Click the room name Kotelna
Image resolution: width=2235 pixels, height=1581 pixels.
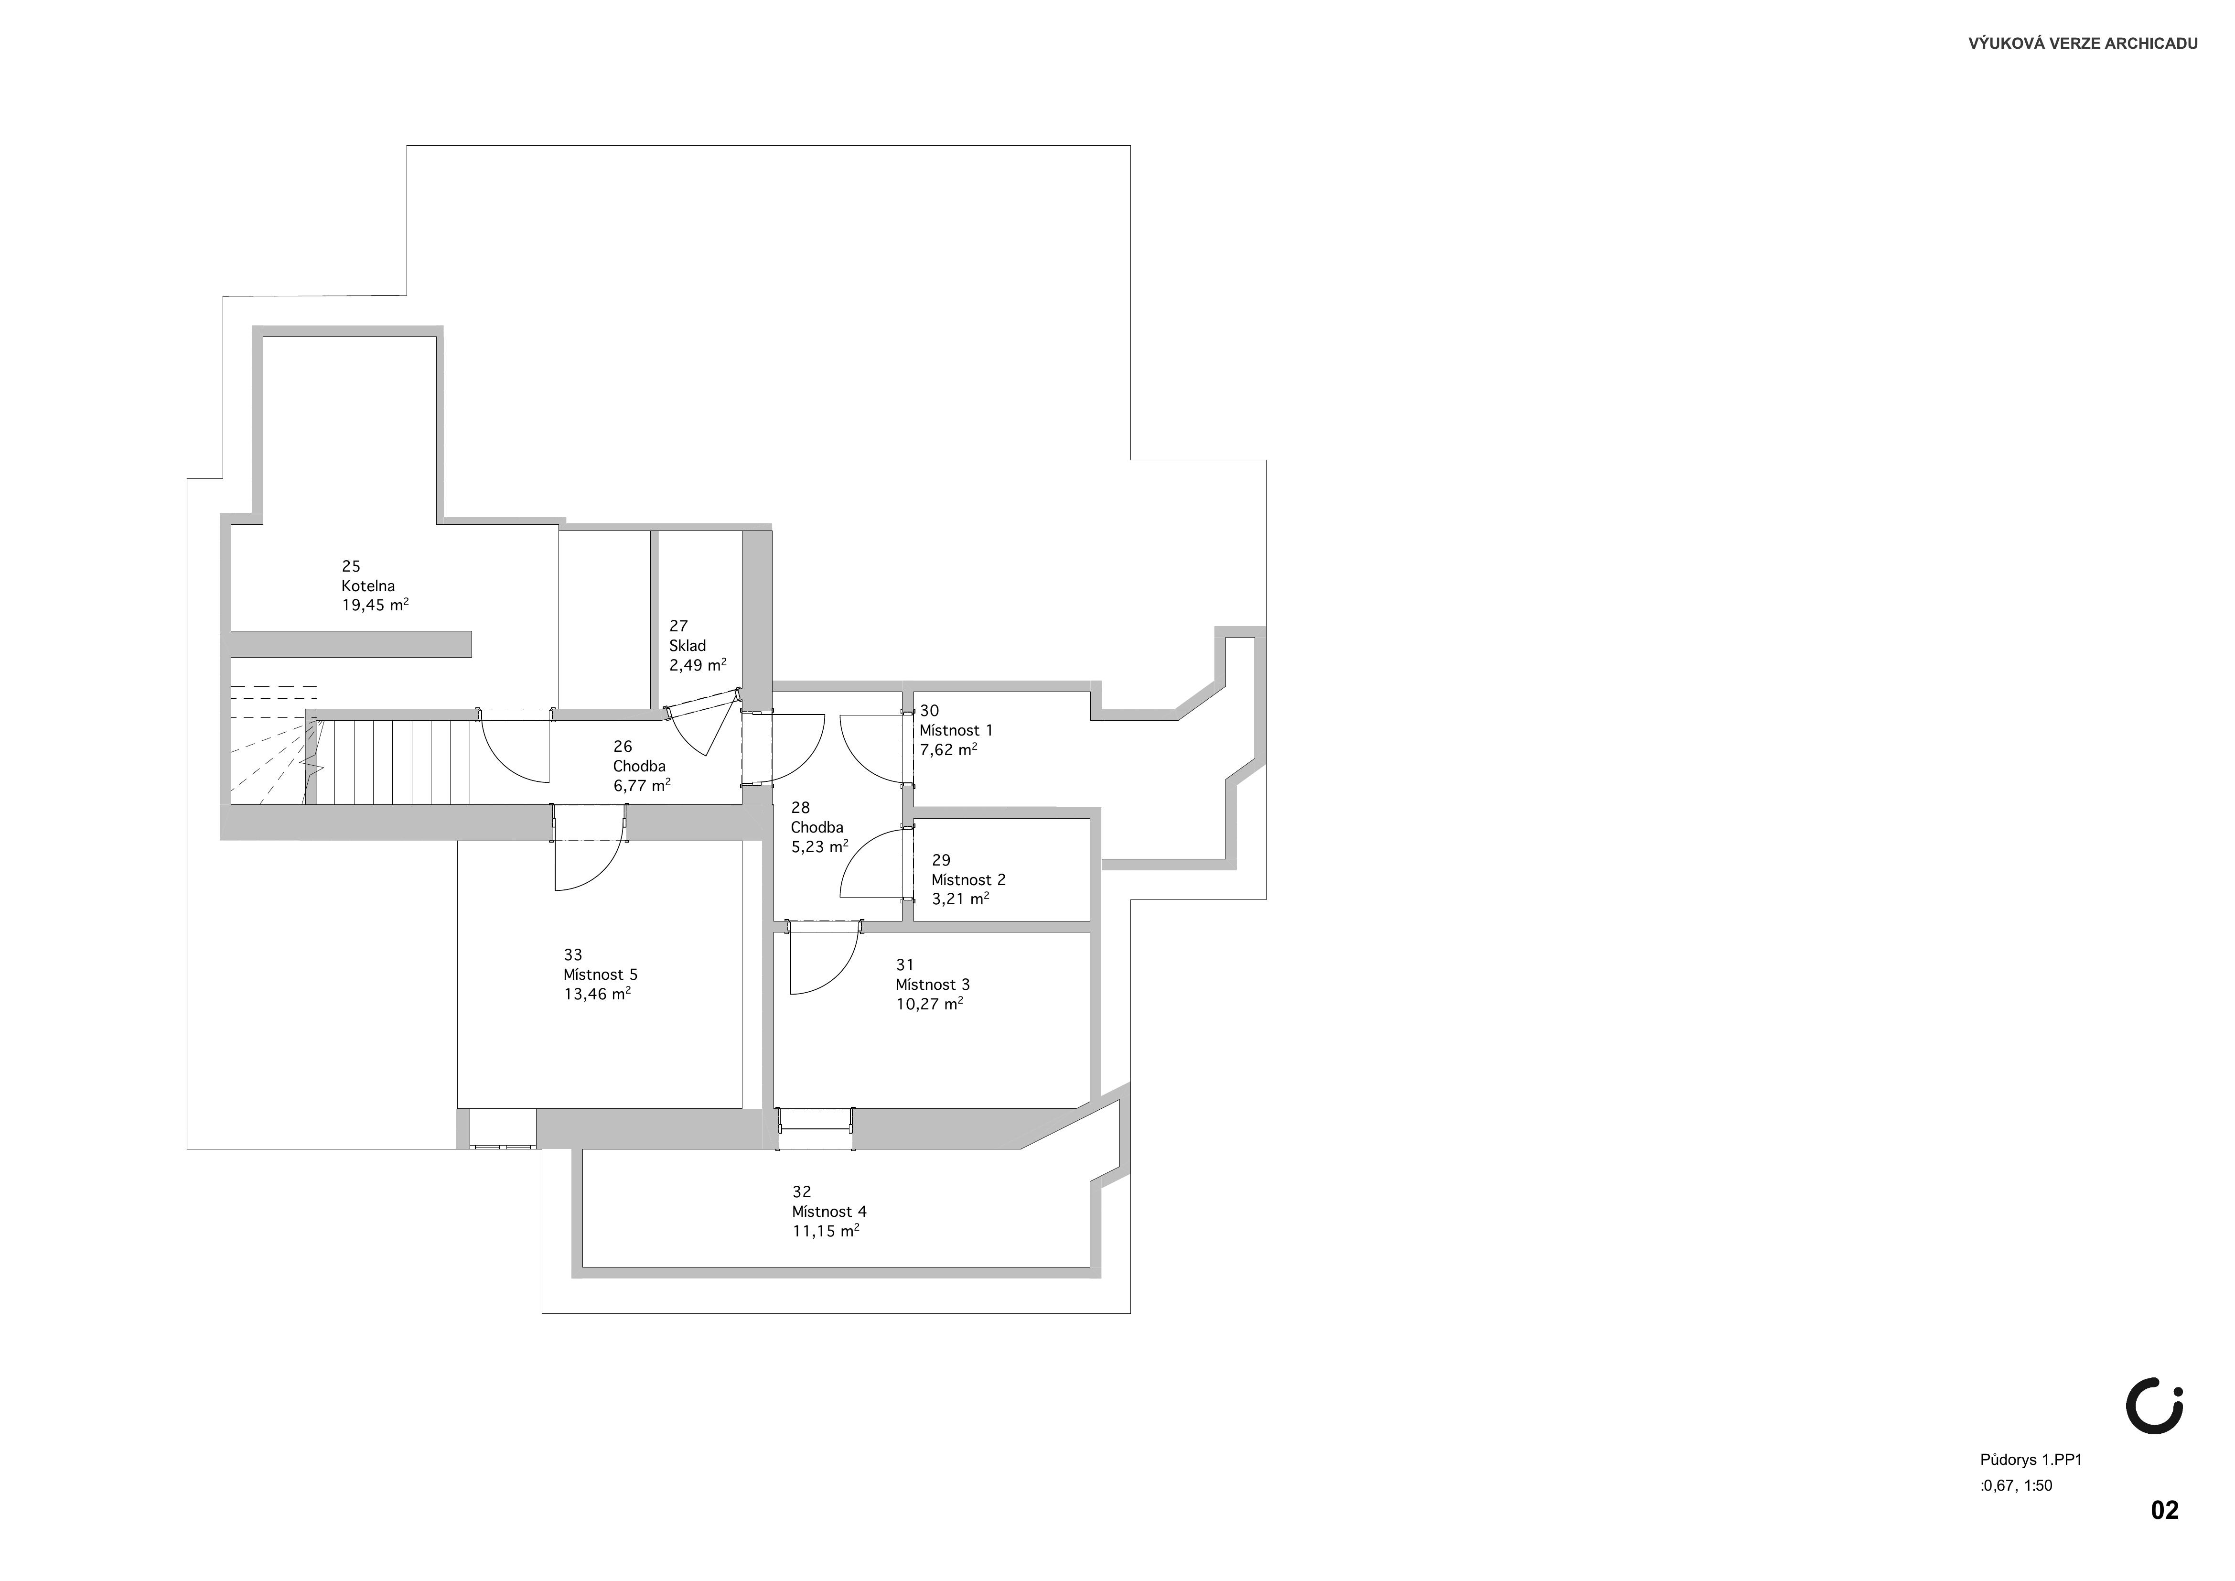[x=368, y=586]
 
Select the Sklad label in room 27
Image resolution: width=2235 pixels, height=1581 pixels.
[x=687, y=645]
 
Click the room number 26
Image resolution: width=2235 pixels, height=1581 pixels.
[x=623, y=747]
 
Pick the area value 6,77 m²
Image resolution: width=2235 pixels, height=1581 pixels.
[x=642, y=785]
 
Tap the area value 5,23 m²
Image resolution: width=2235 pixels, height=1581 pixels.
[x=820, y=846]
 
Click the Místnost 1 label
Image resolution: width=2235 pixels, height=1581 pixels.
[x=956, y=730]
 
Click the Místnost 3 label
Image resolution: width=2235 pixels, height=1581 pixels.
[x=933, y=984]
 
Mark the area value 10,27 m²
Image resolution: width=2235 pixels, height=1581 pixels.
[x=930, y=1003]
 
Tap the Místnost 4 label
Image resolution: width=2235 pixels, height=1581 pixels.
[x=829, y=1211]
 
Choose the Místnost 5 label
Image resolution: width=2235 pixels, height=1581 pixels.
[x=601, y=975]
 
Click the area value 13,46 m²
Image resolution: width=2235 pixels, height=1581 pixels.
[x=597, y=993]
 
